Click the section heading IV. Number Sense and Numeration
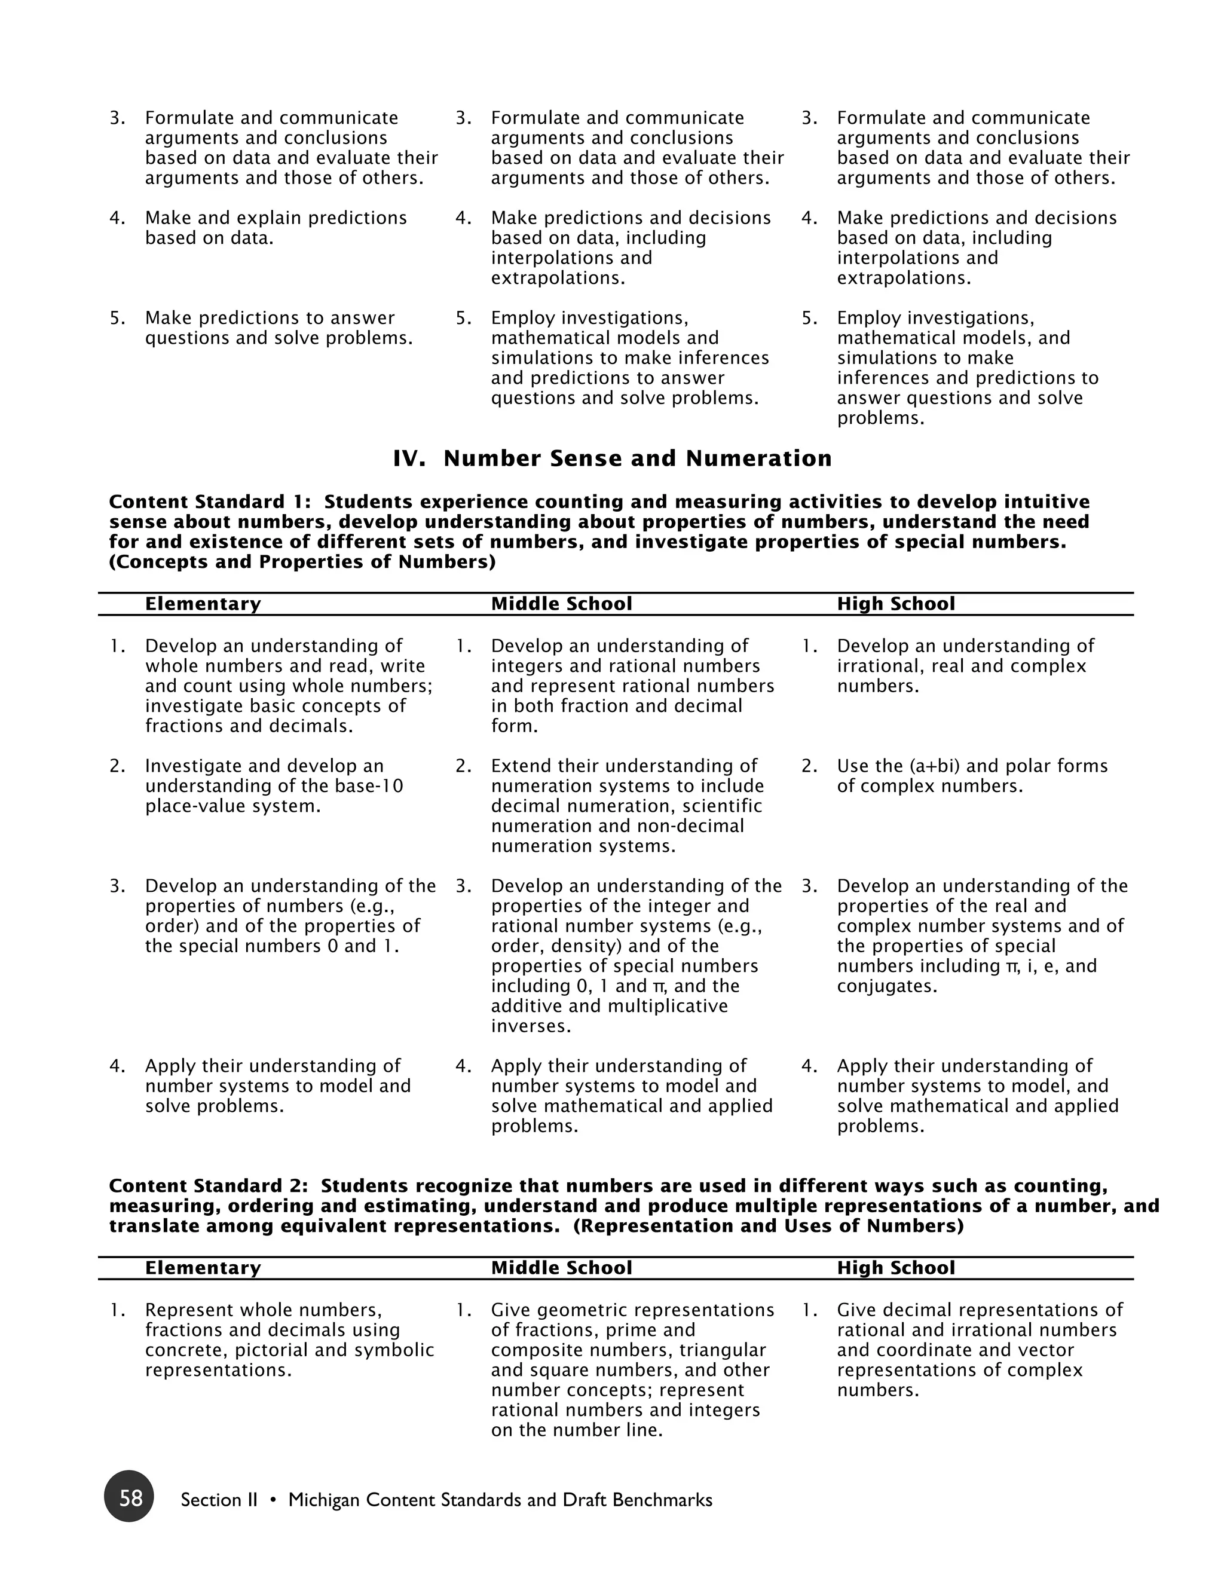tap(612, 458)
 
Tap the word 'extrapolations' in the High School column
tap(903, 279)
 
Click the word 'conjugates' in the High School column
tap(886, 986)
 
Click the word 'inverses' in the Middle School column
tap(530, 1026)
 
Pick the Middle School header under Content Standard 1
tap(561, 604)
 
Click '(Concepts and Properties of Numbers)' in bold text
tap(302, 562)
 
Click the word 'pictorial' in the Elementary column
tap(269, 1350)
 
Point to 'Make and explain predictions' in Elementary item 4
tap(276, 218)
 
